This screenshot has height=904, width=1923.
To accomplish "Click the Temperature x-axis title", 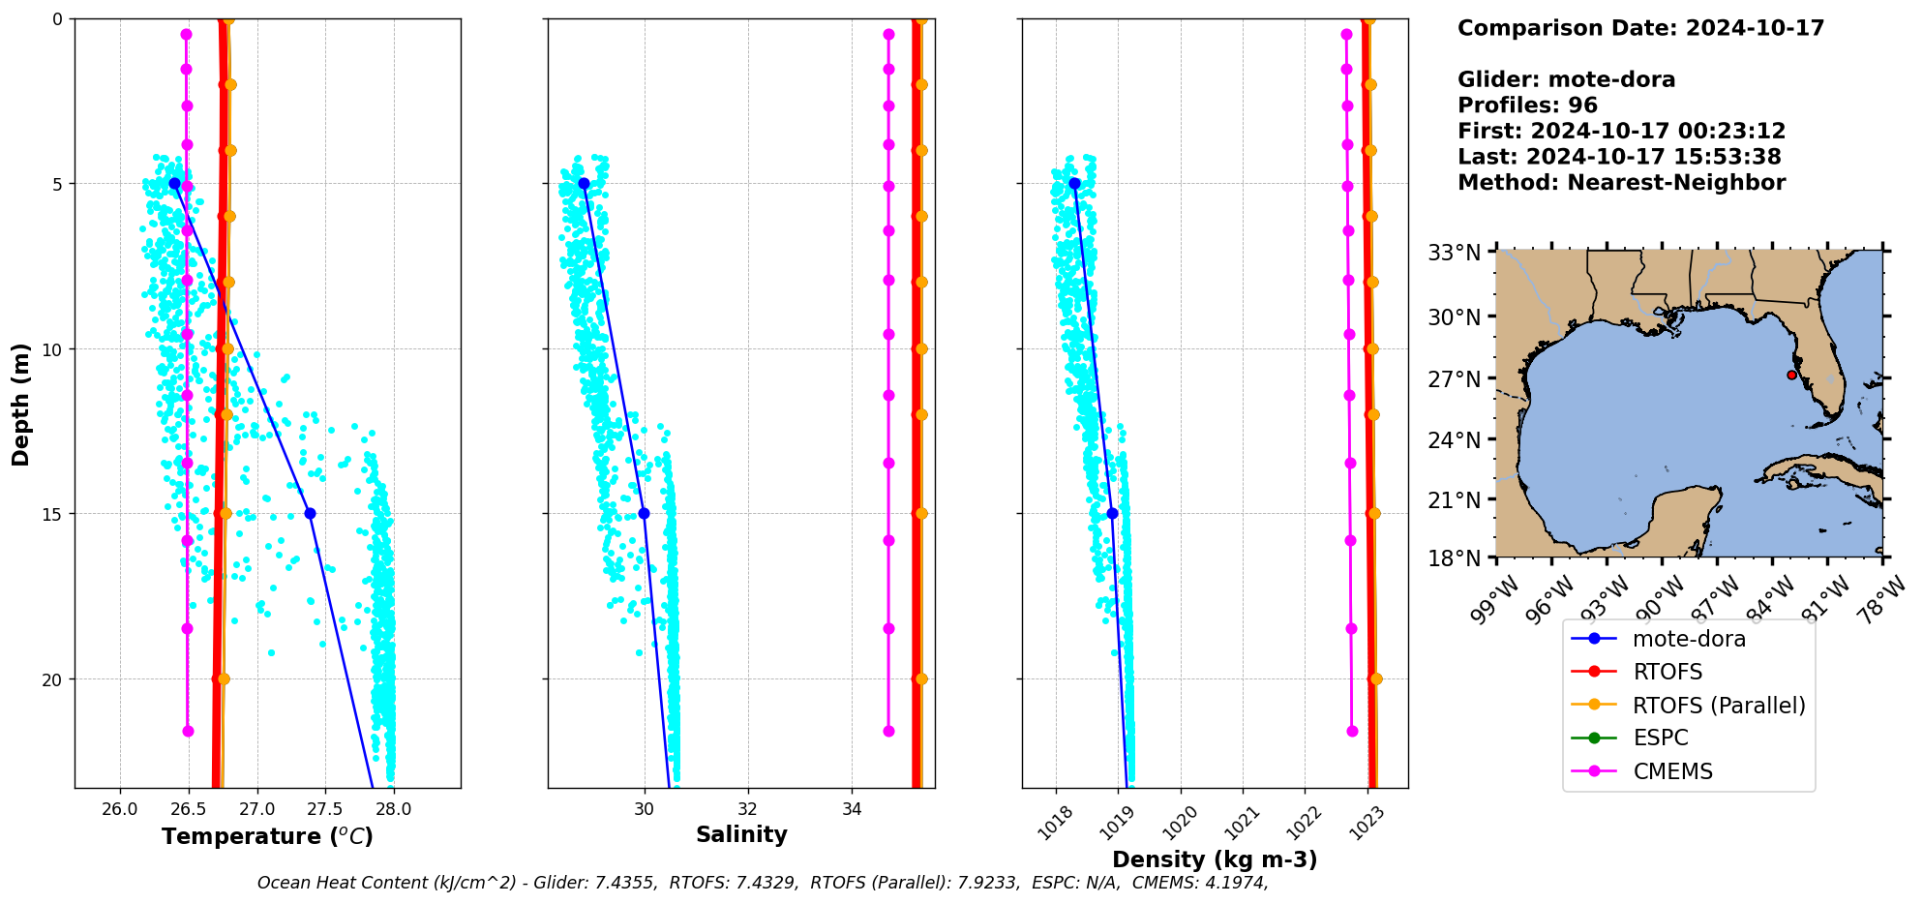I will (x=267, y=836).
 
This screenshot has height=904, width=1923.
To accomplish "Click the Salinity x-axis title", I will (x=741, y=834).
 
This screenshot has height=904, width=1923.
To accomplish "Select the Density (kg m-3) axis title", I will (x=1215, y=859).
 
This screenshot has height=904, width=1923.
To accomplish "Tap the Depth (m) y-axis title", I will (x=21, y=404).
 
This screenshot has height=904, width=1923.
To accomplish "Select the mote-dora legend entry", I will (x=1689, y=639).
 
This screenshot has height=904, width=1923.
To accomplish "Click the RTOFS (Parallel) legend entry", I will (x=1719, y=706).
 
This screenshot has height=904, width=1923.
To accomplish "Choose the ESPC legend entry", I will (x=1660, y=738).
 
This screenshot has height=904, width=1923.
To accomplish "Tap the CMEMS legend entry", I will (x=1672, y=771).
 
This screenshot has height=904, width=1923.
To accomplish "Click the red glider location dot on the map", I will (x=1791, y=375).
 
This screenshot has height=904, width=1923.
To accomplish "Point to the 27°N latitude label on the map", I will (x=1455, y=378).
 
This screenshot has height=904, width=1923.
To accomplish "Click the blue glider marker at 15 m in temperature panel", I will (x=310, y=514).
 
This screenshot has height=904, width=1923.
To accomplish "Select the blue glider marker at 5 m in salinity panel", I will (x=584, y=183).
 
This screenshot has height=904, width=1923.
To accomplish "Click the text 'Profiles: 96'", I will (x=1527, y=105).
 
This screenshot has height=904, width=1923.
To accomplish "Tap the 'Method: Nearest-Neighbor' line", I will (x=1621, y=183).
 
